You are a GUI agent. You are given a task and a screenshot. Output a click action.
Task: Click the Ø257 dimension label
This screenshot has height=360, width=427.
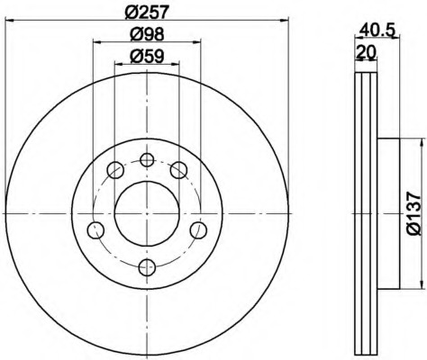[146, 12]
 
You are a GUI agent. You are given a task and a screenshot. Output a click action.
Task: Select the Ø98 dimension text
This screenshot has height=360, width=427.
[147, 34]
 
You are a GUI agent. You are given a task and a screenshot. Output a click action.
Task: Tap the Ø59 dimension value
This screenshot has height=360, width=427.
[147, 56]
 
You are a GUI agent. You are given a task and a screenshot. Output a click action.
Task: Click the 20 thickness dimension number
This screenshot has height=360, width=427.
[366, 52]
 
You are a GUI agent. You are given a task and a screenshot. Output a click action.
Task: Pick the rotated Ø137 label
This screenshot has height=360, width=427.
[414, 214]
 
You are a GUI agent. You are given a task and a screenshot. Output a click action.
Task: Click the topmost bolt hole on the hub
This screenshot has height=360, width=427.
[147, 159]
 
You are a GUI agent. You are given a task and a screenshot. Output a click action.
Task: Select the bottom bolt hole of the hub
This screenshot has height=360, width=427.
[147, 266]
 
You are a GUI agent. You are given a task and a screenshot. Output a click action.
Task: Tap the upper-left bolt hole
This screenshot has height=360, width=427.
[115, 170]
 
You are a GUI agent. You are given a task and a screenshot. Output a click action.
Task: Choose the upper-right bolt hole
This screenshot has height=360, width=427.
[178, 170]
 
